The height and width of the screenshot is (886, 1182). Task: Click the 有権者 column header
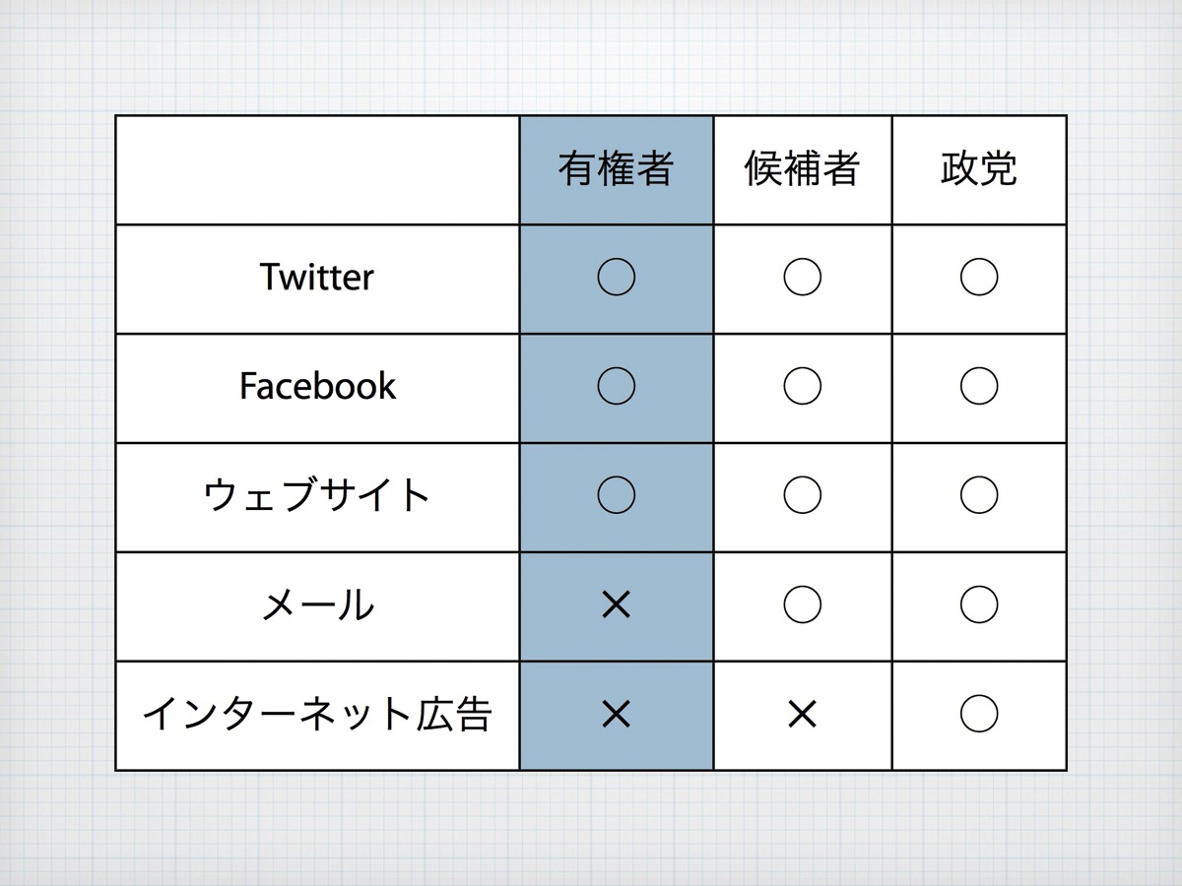pos(616,169)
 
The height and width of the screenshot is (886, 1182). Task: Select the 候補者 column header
pos(802,169)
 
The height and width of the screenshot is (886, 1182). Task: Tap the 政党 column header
pos(978,169)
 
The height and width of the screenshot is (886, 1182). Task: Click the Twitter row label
pos(317,278)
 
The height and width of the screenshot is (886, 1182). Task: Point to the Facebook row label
pos(317,386)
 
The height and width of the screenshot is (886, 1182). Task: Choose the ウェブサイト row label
pos(317,495)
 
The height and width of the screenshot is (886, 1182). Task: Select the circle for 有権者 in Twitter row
pos(616,278)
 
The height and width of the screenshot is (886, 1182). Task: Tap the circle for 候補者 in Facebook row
pos(802,387)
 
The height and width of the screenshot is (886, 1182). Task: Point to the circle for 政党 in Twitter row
pos(978,278)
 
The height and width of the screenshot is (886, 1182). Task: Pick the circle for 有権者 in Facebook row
pos(616,387)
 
